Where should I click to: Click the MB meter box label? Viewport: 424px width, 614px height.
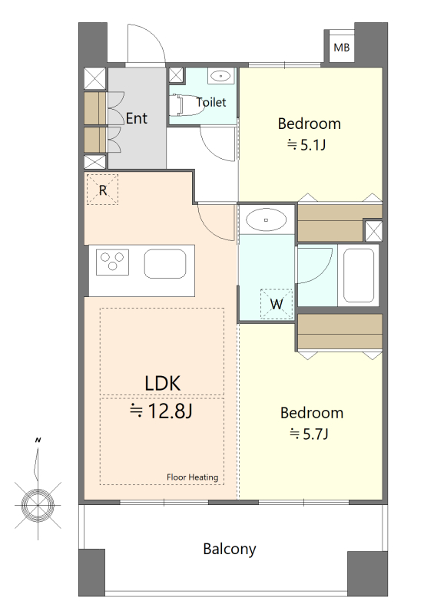pos(341,48)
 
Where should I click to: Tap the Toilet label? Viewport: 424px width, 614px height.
pos(211,102)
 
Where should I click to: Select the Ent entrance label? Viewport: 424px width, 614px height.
pos(137,118)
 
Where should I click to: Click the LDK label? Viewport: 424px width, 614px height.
pos(163,383)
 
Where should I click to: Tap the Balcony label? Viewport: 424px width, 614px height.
pos(230,549)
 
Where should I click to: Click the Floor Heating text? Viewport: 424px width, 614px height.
pos(192,477)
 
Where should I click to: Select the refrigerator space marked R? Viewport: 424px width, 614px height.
pos(102,190)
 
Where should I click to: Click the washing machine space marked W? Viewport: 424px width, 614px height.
pos(277,304)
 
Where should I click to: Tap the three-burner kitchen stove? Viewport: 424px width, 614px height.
pos(112,262)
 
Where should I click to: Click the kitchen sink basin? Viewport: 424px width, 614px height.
pos(165,263)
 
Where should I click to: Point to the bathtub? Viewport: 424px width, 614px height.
pos(359,276)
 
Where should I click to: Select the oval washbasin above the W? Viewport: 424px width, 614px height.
pos(266,220)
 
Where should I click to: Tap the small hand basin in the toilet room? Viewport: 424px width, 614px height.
pos(221,75)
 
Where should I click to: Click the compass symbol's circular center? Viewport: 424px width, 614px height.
pos(38,505)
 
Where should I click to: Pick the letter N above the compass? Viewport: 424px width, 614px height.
pos(38,440)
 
